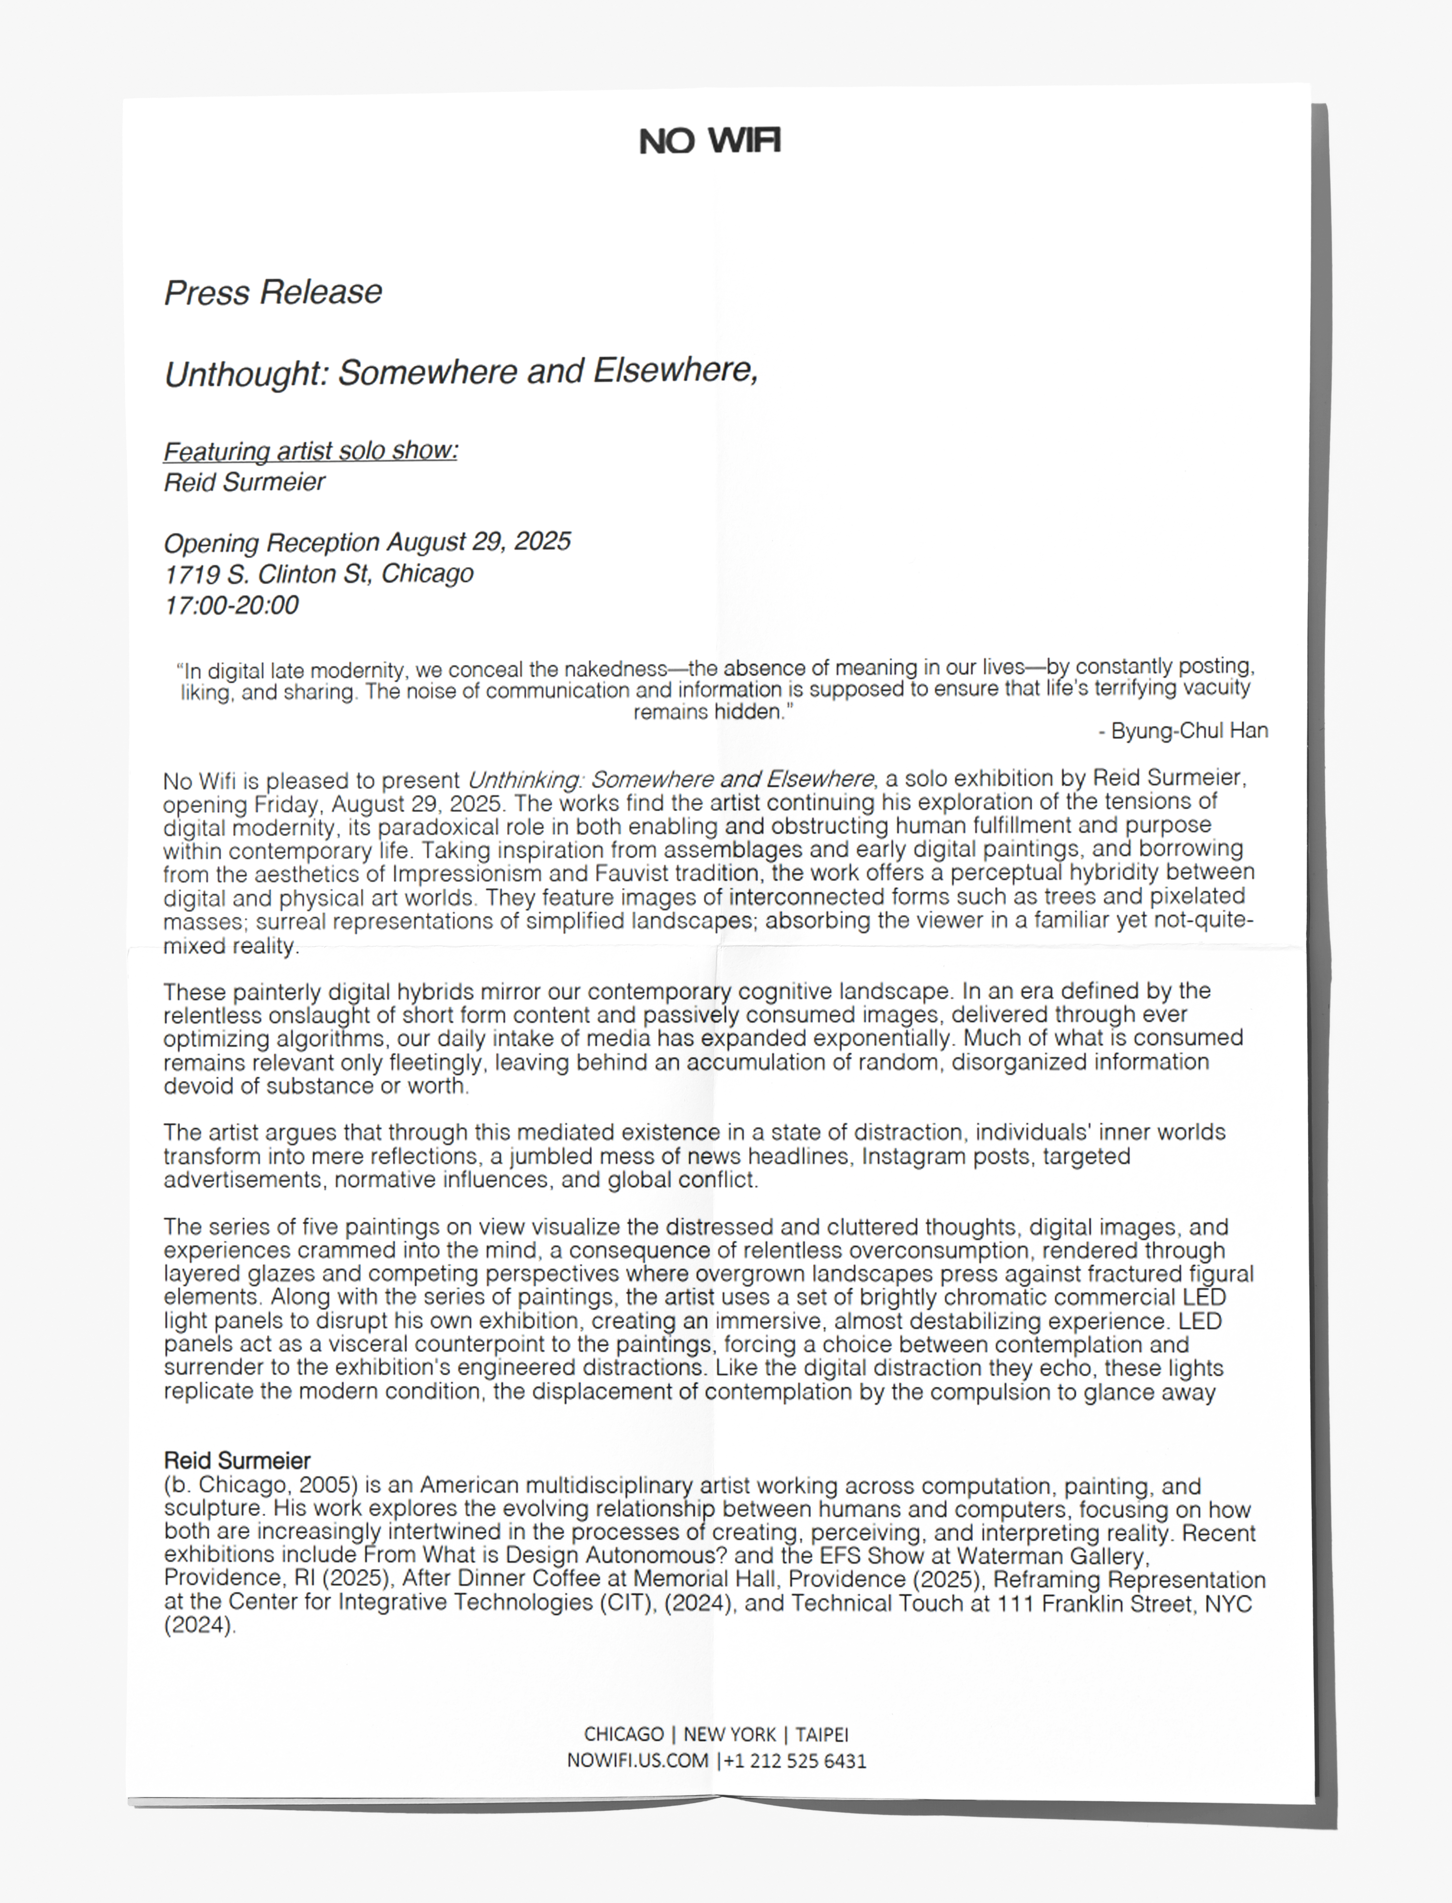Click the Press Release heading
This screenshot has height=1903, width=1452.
pos(273,292)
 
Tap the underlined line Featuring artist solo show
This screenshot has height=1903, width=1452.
pos(310,451)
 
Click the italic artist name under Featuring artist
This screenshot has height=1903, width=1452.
pos(245,482)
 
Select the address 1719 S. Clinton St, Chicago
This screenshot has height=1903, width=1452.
pos(319,574)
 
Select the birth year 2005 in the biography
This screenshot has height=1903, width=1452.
pos(329,1486)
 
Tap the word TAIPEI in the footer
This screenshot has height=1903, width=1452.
pos(822,1734)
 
